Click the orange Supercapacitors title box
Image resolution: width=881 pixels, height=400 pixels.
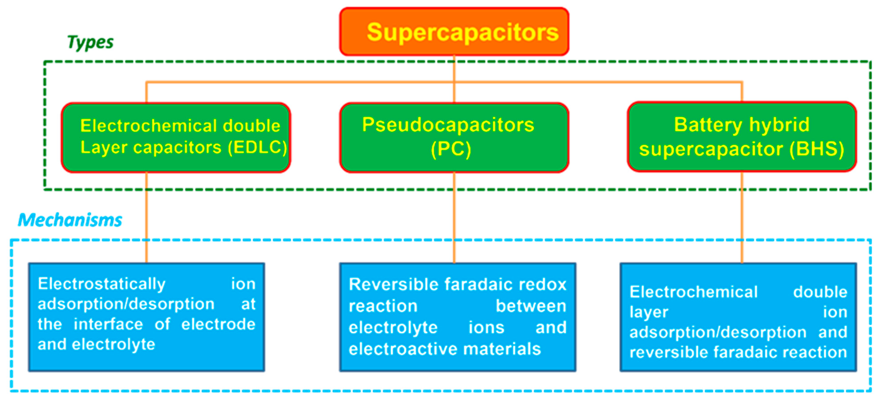point(454,31)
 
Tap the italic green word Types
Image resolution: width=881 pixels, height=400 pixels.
point(90,42)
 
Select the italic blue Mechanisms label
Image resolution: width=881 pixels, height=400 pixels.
point(70,220)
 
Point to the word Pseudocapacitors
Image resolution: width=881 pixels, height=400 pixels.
point(448,125)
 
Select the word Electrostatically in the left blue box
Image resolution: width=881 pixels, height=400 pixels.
point(101,284)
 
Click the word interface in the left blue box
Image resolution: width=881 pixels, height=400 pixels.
point(108,324)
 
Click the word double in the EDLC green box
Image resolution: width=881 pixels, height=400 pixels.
point(251,126)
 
